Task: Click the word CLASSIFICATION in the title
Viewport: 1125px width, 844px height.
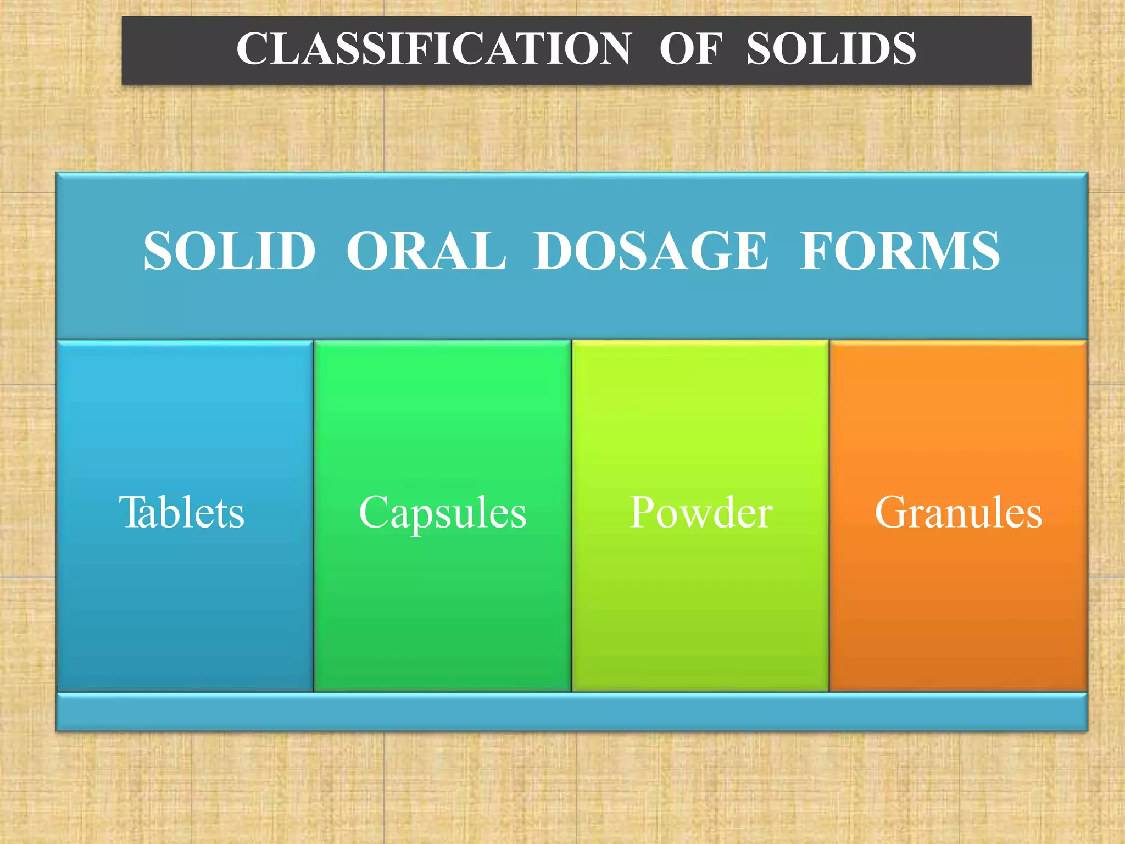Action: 433,49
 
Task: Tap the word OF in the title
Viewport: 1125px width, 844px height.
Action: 690,49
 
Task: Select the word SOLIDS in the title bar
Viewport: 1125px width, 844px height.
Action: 831,49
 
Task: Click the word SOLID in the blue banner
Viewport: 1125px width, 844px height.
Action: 230,251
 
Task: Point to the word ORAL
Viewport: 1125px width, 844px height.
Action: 426,251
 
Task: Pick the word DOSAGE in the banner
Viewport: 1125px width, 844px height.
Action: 650,251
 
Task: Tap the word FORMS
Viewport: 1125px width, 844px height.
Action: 899,251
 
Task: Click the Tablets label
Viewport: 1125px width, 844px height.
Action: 181,512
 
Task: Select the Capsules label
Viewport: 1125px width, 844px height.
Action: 442,512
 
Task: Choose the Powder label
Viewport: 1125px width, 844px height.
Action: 701,512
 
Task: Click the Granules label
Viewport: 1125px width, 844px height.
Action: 958,512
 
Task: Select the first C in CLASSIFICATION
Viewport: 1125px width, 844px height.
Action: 251,49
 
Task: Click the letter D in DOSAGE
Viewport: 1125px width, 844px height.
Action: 555,251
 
